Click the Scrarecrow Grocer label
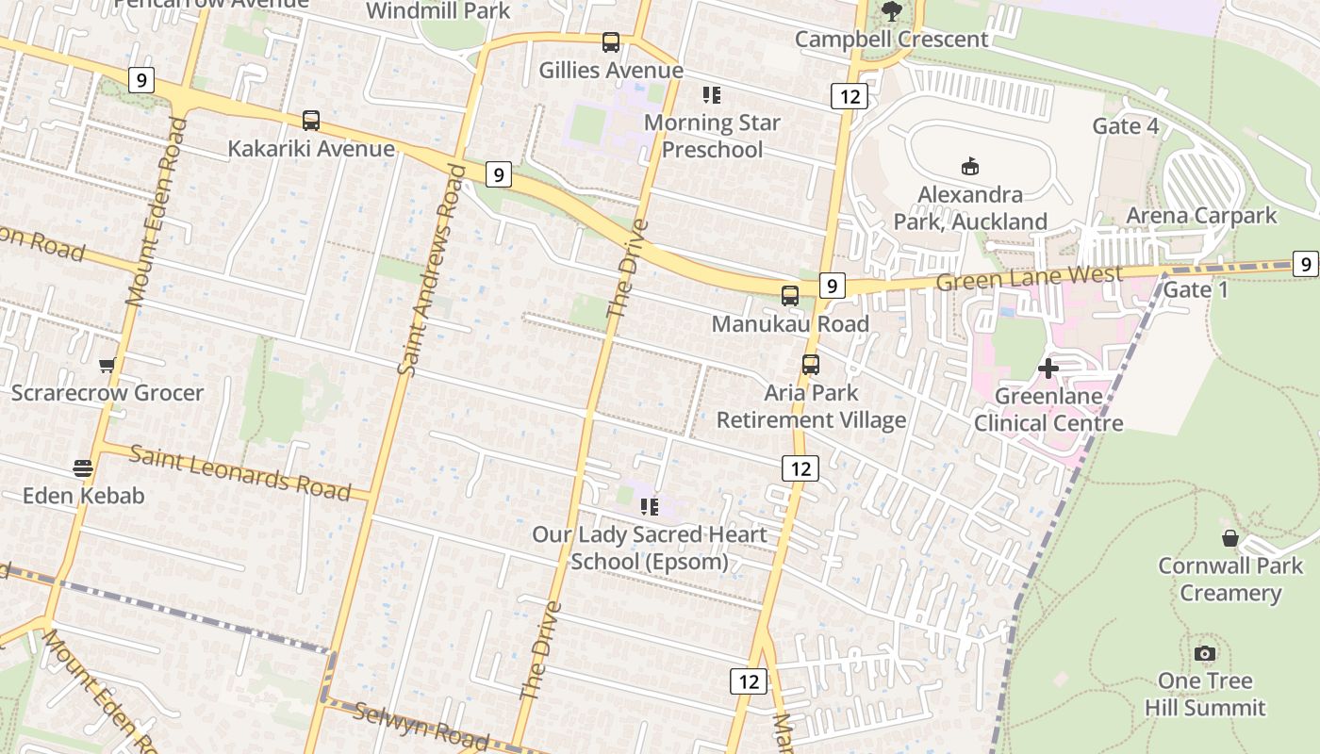point(107,392)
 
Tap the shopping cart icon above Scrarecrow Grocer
point(107,366)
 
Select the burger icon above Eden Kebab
point(83,467)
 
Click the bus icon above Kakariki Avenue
point(311,121)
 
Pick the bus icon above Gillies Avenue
point(611,42)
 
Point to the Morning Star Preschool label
point(712,136)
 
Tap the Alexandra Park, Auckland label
point(969,207)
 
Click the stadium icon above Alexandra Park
point(969,167)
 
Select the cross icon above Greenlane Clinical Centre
point(1048,369)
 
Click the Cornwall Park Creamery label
point(1230,579)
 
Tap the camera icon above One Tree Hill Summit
point(1204,654)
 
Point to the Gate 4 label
point(1125,126)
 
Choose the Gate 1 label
point(1196,289)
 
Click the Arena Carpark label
point(1201,215)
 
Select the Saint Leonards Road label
point(239,473)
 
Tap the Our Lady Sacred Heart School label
point(650,548)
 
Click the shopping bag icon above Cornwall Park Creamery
point(1229,538)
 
